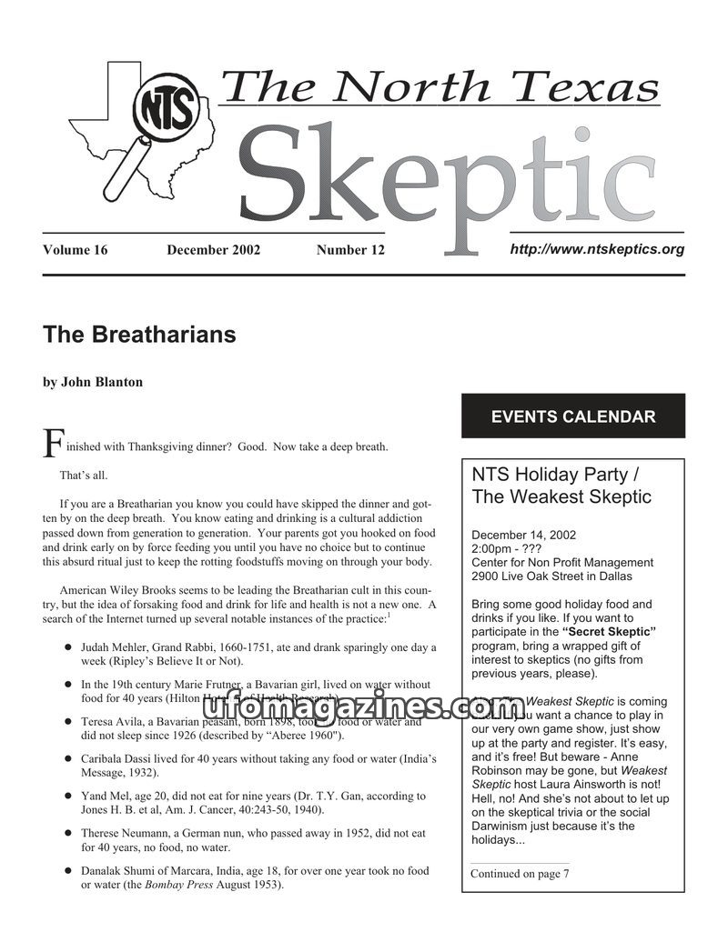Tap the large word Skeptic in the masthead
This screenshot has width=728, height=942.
[437, 177]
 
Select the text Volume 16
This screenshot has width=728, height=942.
[75, 250]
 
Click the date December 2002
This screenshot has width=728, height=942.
[213, 250]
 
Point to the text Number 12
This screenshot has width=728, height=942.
[350, 250]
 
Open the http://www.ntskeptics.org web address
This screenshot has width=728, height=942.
[597, 248]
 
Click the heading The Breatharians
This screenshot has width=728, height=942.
[139, 335]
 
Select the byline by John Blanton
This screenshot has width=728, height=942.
[93, 382]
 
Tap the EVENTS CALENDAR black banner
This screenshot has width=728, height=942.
[573, 416]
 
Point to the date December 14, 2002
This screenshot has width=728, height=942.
[523, 535]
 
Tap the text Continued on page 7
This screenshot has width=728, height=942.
[520, 874]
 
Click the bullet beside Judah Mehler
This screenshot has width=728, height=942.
[68, 647]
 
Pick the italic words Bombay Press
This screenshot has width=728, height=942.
[178, 885]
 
